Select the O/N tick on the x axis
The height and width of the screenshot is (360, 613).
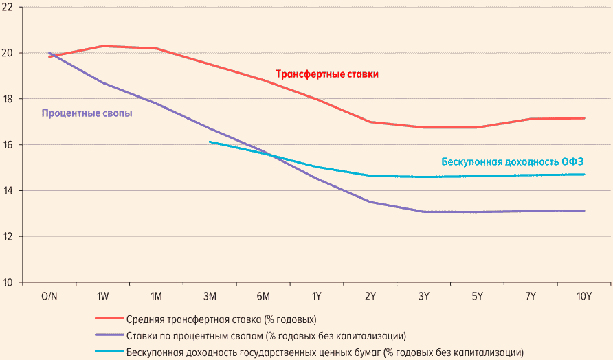pos(49,296)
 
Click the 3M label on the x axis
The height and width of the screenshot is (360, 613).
pos(210,296)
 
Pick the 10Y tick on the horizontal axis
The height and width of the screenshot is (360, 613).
pos(584,296)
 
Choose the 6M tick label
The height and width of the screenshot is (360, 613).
pos(263,296)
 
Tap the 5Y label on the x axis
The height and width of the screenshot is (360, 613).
pos(477,296)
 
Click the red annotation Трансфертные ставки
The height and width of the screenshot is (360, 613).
pos(327,74)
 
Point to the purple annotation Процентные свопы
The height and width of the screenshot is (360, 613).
pos(87,113)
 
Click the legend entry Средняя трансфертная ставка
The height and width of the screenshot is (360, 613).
pos(221,319)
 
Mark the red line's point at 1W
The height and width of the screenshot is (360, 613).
pos(103,46)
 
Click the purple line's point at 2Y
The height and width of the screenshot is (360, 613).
pos(370,202)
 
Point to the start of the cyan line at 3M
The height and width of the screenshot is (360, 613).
pos(210,142)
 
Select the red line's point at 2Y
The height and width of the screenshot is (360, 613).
pos(370,122)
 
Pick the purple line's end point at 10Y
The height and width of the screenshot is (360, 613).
pos(584,210)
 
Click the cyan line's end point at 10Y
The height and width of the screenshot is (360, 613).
pos(584,175)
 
